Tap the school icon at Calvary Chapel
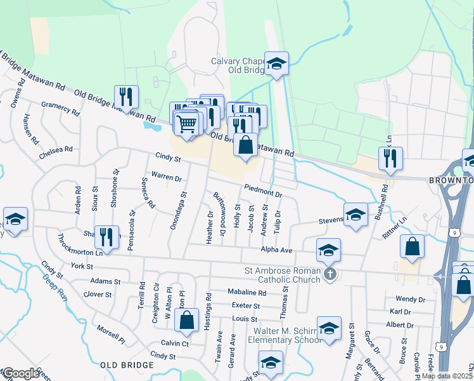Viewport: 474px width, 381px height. pos(276,64)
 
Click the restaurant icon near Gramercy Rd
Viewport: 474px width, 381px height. pos(126,98)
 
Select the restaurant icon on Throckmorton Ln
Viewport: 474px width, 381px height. pos(106,238)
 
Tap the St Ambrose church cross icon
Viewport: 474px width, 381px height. pos(329,274)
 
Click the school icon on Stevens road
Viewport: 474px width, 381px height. pos(355,215)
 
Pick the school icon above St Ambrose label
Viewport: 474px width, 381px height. pos(329,251)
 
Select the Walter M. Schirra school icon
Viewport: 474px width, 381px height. pos(329,329)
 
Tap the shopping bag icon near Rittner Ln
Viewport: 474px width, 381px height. pos(412,248)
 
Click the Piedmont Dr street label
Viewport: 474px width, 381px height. pos(263,190)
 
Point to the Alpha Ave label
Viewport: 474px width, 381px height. pos(277,250)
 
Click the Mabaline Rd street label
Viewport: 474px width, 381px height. pos(247,293)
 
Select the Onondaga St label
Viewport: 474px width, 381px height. pos(176,211)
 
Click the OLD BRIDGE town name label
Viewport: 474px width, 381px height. pos(127,365)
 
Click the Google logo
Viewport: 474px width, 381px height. pos(22,373)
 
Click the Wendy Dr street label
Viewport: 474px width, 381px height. pos(410,298)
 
